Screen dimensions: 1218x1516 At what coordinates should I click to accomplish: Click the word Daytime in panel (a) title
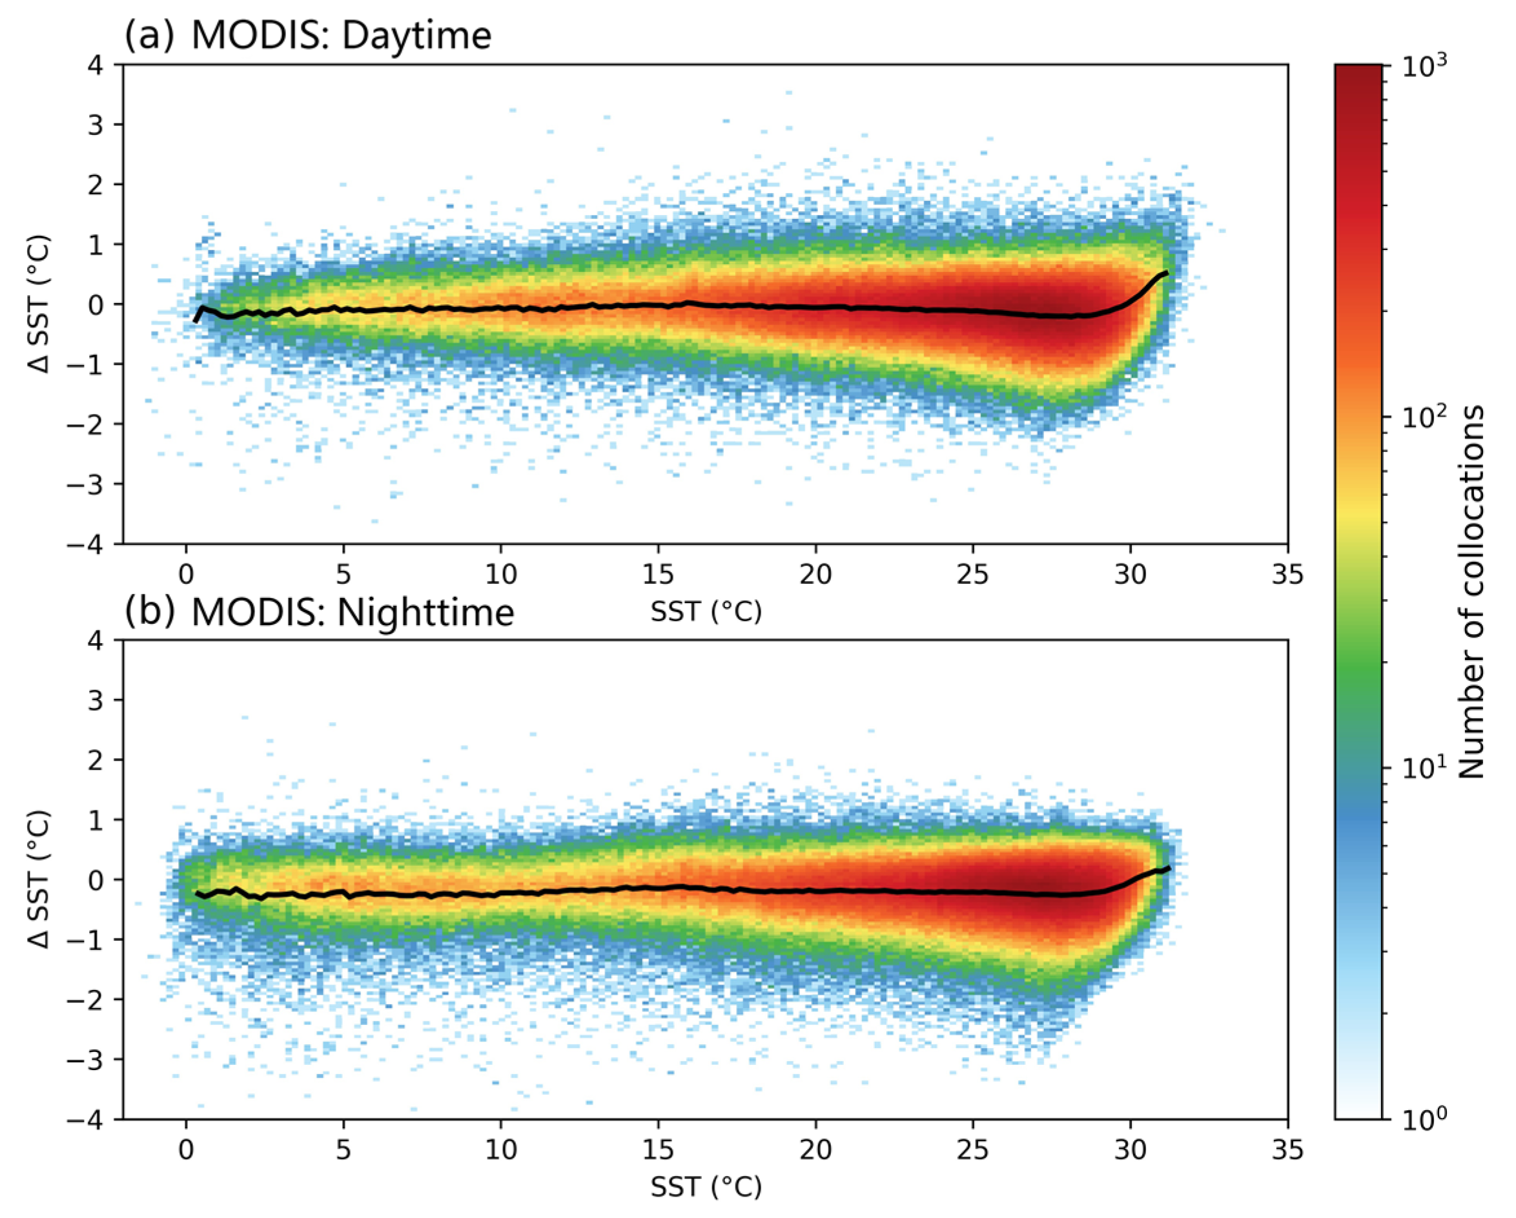coord(416,35)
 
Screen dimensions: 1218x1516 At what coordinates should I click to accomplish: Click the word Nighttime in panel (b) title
coord(425,612)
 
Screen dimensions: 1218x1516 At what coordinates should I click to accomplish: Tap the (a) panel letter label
coord(149,35)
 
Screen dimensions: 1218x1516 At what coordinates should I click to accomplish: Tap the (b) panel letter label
coord(149,612)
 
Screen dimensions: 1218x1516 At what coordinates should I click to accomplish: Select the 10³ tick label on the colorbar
coord(1424,65)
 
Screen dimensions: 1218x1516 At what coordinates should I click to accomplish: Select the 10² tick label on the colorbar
coord(1424,417)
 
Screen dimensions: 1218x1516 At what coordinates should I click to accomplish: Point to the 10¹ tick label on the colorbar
coord(1424,767)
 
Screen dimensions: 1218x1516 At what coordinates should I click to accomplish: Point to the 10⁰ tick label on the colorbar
coord(1424,1117)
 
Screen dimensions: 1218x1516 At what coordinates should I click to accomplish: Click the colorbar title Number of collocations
coord(1471,592)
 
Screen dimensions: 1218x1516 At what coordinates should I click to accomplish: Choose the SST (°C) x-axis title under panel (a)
coord(705,612)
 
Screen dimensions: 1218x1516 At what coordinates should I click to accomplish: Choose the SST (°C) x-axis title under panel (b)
coord(705,1187)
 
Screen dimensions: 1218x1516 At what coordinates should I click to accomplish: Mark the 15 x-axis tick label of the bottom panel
coord(657,1150)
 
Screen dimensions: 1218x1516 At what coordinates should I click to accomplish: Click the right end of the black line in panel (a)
coord(1167,272)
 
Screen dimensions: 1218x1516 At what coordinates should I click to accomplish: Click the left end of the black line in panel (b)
coord(196,893)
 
